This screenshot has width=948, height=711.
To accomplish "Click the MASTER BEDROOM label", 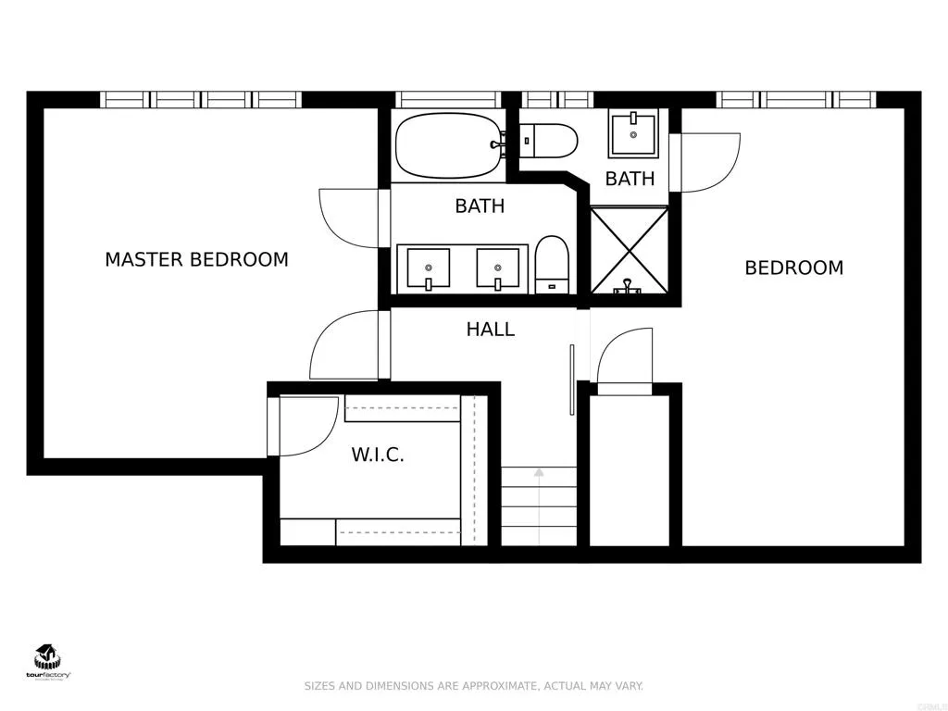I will point(196,260).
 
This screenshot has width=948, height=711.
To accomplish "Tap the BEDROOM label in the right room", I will point(793,268).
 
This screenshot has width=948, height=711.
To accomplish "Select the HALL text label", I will point(490,330).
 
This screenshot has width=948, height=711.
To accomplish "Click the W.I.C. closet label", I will point(378,455).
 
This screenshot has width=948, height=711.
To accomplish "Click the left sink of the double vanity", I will point(427,268).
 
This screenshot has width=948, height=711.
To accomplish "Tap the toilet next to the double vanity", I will point(552,264).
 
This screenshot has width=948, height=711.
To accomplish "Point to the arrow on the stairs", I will point(539,474).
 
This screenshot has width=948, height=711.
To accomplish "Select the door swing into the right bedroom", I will point(708,163).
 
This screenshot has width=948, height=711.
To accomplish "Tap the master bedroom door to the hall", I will point(344,344).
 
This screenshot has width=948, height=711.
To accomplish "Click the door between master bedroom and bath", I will point(350,218).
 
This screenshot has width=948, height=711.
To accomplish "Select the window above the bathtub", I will point(448,99).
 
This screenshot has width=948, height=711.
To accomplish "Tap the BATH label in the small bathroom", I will point(630,179).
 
